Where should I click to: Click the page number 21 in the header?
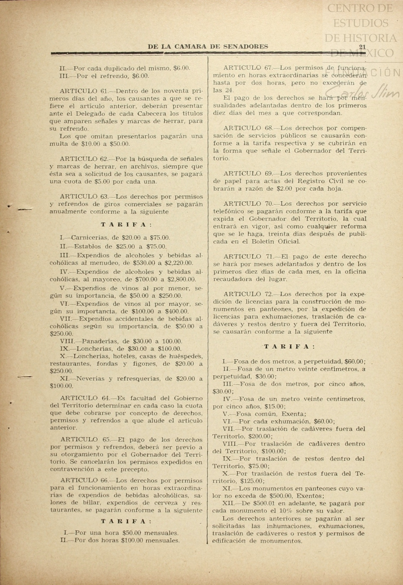(362, 46)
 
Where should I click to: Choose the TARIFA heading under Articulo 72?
(289, 347)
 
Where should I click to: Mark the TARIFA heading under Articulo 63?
(126, 225)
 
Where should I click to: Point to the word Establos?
(88, 246)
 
